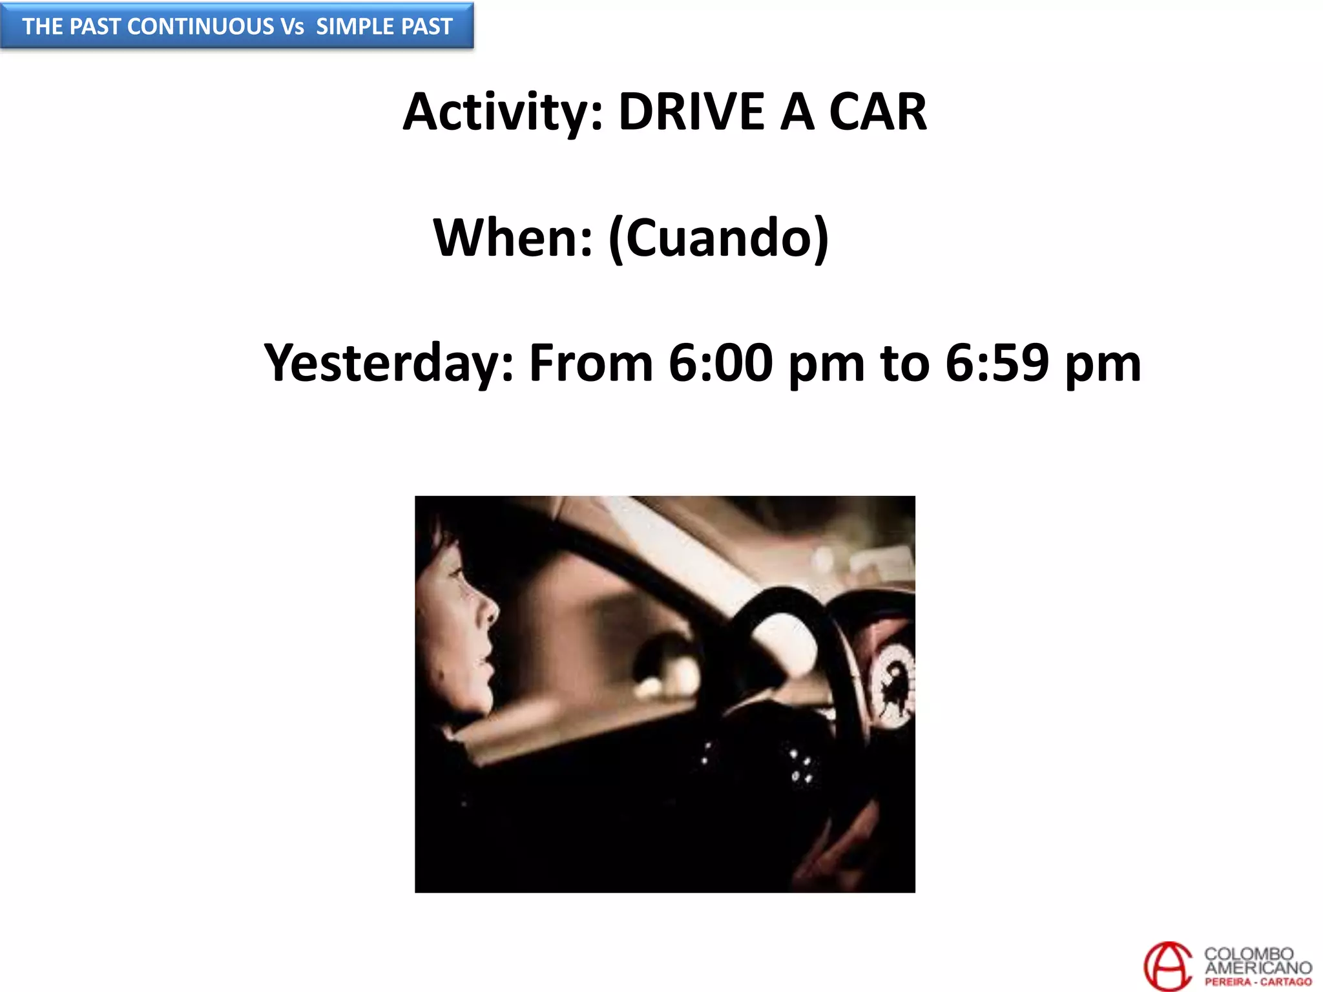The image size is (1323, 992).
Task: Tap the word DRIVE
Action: (691, 112)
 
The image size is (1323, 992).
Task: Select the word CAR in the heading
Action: (877, 112)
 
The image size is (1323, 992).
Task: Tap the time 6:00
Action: (720, 364)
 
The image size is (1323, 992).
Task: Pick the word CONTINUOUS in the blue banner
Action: (201, 26)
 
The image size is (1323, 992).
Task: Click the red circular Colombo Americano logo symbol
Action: (1167, 966)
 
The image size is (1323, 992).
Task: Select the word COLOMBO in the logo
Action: (1248, 954)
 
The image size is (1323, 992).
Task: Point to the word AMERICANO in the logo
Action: (1258, 967)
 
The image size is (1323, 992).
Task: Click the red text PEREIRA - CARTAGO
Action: (1258, 982)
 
